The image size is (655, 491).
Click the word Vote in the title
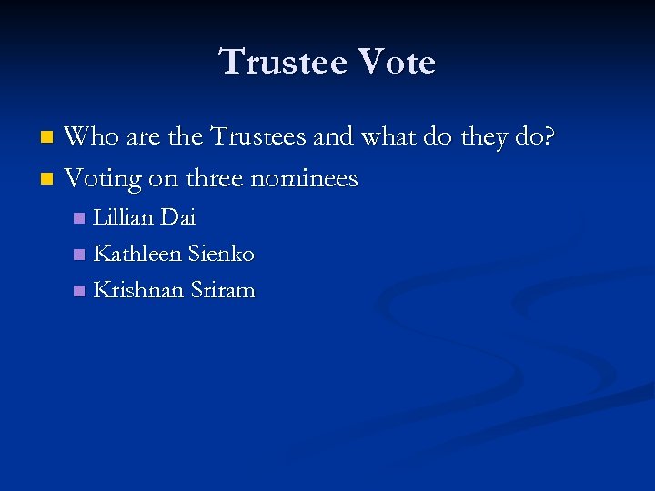(397, 63)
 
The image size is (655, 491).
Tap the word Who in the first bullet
(90, 137)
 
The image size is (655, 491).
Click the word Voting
(104, 178)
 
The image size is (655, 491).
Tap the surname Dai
(177, 217)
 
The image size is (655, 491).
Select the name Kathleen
(137, 254)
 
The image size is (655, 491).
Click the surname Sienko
(220, 254)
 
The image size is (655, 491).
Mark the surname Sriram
(223, 290)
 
